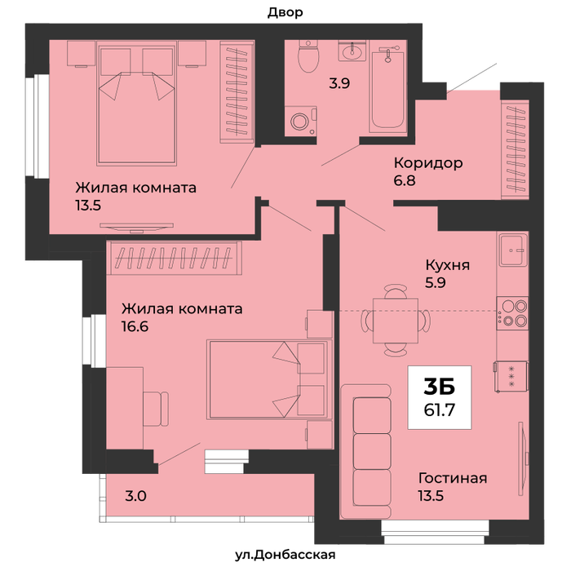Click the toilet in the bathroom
308,56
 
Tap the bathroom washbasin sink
352,51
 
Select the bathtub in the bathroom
387,89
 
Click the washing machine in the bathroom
300,122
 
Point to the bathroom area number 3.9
339,83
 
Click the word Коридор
428,163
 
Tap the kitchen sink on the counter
513,250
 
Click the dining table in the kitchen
396,321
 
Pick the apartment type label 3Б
440,387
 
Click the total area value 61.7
440,410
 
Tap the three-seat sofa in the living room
366,451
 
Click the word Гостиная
453,478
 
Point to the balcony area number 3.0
136,496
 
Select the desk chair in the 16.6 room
156,409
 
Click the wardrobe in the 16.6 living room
174,258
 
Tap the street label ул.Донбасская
285,555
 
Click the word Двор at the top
285,13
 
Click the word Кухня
448,265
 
